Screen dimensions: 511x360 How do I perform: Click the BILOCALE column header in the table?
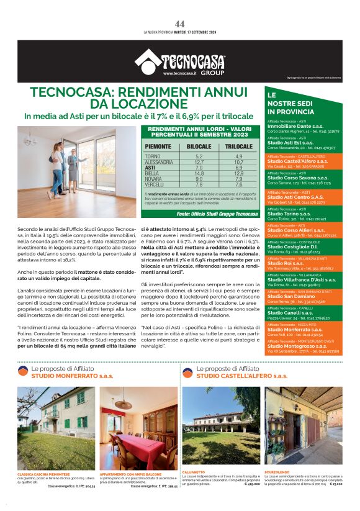(199, 147)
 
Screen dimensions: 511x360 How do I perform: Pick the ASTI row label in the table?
(150, 168)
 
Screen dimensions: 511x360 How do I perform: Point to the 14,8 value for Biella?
(199, 173)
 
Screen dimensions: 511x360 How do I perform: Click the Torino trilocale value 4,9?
(239, 156)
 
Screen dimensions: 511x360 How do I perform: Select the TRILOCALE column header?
(239, 147)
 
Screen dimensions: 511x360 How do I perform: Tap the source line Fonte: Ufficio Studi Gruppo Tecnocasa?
(208, 214)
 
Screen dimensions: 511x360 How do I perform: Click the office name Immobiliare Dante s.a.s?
(294, 126)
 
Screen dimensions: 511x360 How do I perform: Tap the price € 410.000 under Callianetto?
(251, 482)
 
